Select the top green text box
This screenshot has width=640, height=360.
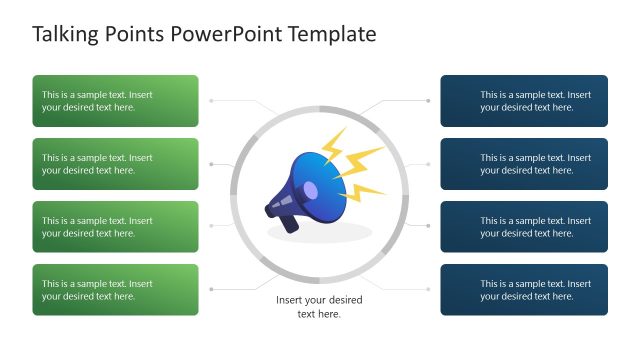(115, 101)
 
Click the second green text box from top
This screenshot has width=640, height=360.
(115, 164)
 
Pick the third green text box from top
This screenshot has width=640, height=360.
(115, 227)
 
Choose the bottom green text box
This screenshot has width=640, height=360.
(115, 290)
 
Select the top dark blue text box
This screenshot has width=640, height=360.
(524, 101)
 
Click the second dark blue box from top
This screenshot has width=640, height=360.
(524, 164)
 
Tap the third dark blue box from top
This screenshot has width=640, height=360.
(524, 227)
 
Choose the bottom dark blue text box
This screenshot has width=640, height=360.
(524, 290)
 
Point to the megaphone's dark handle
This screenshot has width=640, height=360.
(288, 222)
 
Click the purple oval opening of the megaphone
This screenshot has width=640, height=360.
(310, 190)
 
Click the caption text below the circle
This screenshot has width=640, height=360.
(319, 307)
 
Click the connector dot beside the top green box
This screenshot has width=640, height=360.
(210, 101)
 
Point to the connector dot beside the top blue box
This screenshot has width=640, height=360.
(429, 101)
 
